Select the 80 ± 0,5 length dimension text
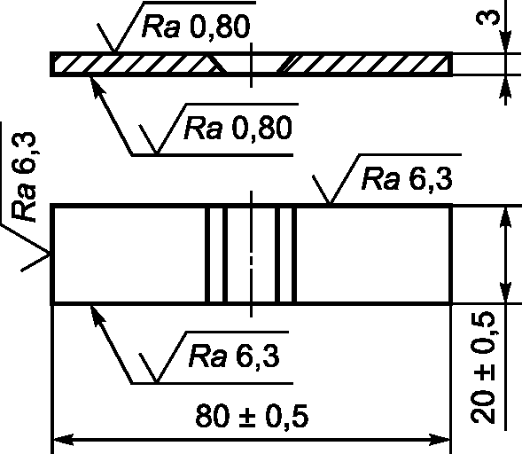point(252,416)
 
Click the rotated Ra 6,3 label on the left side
point(24,176)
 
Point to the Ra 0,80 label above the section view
point(196,27)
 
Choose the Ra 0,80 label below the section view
point(238,129)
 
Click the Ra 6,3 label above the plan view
point(407,180)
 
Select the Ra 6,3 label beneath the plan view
point(234,356)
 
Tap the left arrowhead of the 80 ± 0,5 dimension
point(63,439)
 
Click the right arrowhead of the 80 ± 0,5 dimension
point(440,439)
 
